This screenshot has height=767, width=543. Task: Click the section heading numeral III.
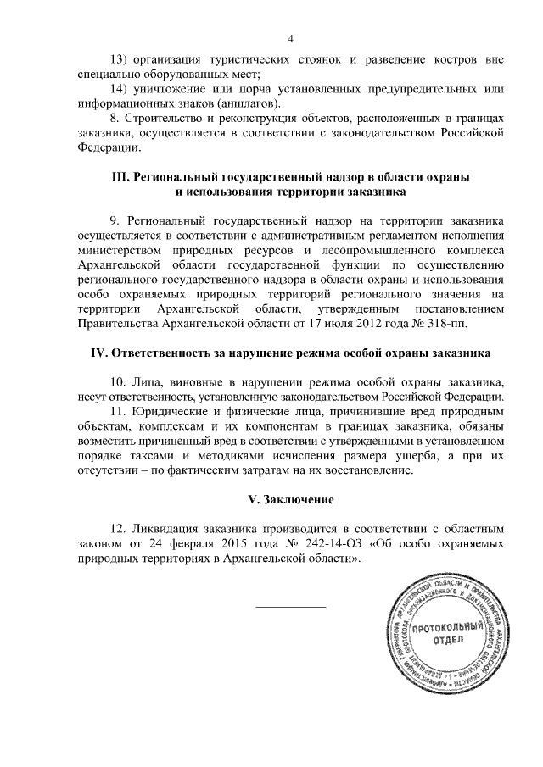coord(120,179)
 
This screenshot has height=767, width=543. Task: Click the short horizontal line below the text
coord(291,606)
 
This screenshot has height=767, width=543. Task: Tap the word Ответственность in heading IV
coord(174,352)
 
